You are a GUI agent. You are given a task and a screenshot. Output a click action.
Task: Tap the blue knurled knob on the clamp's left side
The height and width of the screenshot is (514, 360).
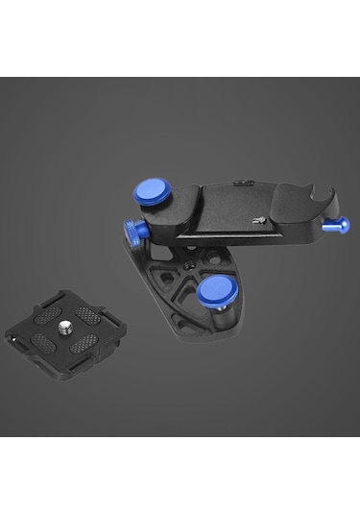(132, 232)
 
